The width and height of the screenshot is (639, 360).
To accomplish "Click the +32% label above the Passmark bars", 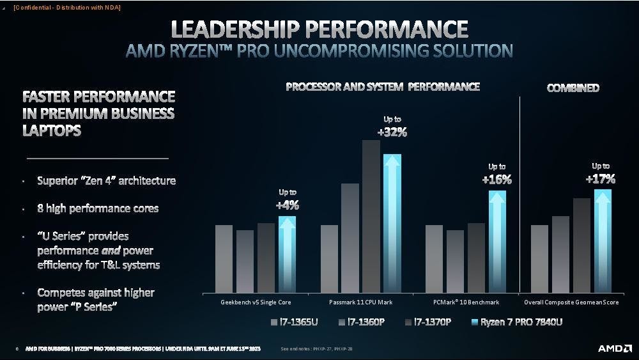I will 392,132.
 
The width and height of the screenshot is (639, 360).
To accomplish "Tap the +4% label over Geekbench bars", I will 287,205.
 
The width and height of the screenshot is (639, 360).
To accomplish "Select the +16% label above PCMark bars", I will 497,180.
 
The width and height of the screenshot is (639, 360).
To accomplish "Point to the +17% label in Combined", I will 600,179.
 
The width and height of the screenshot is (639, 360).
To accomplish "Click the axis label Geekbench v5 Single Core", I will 255,302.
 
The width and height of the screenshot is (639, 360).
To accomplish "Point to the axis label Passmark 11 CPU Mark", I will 360,302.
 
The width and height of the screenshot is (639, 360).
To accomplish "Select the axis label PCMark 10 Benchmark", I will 465,302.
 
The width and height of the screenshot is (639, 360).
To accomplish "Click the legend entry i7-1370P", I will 428,322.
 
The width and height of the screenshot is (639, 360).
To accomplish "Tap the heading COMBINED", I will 573,88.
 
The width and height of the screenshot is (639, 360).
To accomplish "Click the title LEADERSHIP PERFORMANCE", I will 319,29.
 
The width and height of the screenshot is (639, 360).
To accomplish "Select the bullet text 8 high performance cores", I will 98,208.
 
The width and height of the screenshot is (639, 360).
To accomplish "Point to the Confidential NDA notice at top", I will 66,7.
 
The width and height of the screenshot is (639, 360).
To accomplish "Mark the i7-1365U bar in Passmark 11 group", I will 329,258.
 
